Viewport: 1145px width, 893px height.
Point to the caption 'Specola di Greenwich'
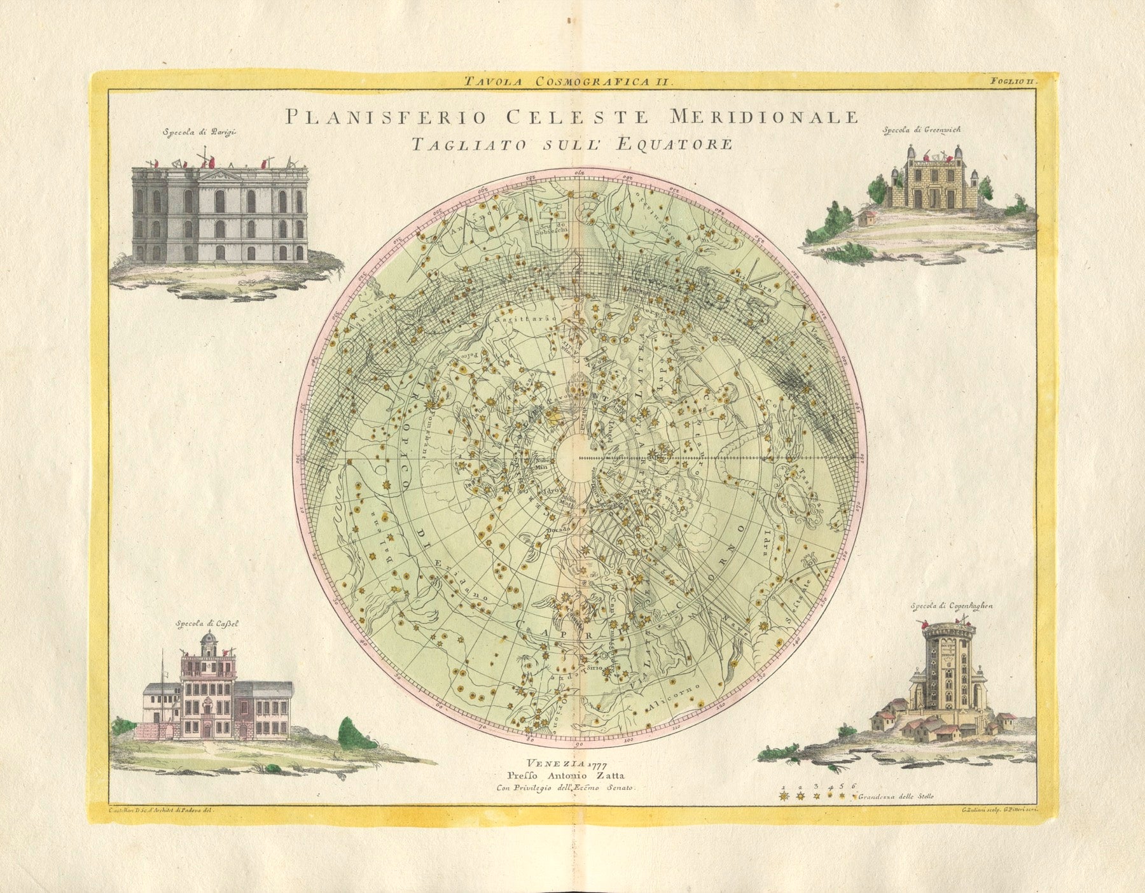click(x=921, y=130)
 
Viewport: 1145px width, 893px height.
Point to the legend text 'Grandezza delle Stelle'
click(x=896, y=797)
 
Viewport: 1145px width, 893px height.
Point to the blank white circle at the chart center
click(x=578, y=456)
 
